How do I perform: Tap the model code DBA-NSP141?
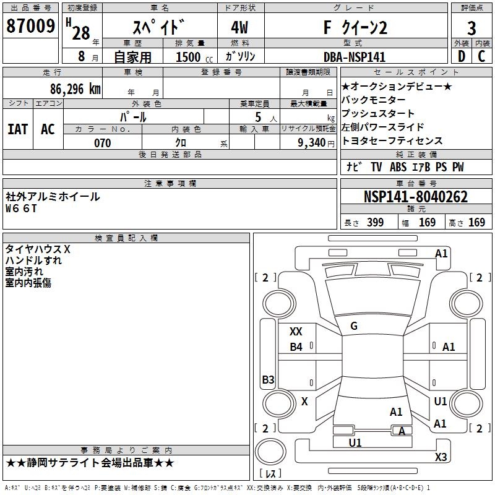pyautogui.click(x=355, y=56)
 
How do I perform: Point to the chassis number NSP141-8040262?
pyautogui.click(x=415, y=197)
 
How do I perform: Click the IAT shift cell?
pyautogui.click(x=17, y=129)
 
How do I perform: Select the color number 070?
pyautogui.click(x=102, y=143)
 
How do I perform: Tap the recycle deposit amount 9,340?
pyautogui.click(x=307, y=143)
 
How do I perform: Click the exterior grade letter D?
pyautogui.click(x=460, y=56)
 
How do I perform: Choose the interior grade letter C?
pyautogui.click(x=481, y=56)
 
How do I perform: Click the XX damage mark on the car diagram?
pyautogui.click(x=296, y=332)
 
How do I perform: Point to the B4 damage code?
pyautogui.click(x=296, y=347)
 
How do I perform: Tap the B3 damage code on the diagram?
pyautogui.click(x=267, y=380)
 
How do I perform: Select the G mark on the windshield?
pyautogui.click(x=353, y=326)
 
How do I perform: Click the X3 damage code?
pyautogui.click(x=441, y=457)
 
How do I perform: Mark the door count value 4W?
pyautogui.click(x=241, y=27)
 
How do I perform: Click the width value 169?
pyautogui.click(x=427, y=223)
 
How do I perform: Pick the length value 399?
pyautogui.click(x=375, y=223)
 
